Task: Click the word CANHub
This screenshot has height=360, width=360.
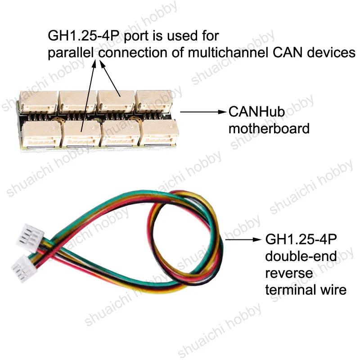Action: point(256,112)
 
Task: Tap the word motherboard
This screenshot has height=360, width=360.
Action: point(269,128)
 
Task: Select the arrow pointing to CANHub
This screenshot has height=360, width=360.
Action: point(203,112)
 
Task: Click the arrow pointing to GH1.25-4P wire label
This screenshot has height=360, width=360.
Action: point(243,240)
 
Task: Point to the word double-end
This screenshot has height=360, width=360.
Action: point(301,256)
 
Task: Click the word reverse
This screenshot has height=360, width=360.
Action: point(289,273)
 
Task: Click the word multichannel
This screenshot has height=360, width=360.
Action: point(228,53)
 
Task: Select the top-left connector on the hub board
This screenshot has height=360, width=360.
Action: point(38,102)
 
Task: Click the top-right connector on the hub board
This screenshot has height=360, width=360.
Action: point(154,101)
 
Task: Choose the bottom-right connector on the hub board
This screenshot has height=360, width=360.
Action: point(159,132)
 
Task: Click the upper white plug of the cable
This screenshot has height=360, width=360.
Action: point(30,238)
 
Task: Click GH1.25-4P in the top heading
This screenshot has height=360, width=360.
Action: point(84,36)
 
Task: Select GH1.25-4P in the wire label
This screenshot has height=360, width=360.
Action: point(301,239)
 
